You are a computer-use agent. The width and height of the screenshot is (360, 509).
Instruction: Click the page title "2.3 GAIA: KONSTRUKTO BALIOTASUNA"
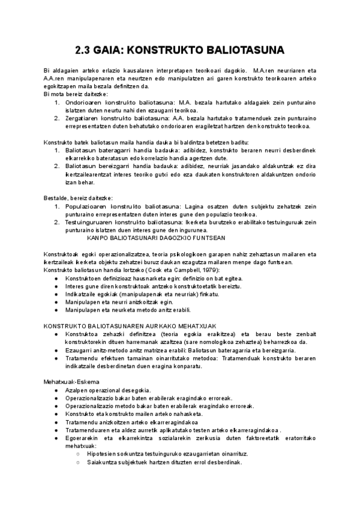click(180, 50)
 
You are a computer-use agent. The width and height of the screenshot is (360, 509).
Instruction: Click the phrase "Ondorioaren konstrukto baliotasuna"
click(120, 103)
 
